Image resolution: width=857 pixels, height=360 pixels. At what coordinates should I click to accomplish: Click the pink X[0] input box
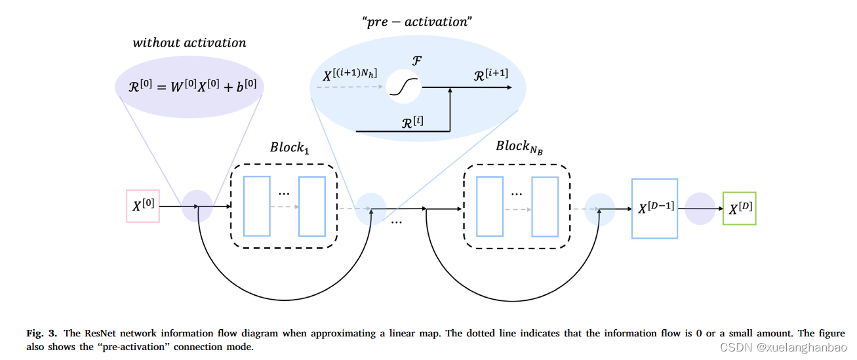pos(143,206)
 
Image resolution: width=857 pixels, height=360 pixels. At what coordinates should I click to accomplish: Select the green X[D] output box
pos(739,209)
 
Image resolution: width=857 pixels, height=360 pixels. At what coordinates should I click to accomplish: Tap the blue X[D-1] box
pos(654,209)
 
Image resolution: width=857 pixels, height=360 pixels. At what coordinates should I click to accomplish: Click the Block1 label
pos(289,147)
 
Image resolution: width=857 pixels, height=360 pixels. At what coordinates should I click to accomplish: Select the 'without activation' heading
pos(189,43)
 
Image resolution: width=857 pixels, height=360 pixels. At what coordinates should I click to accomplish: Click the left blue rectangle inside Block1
pos(256,206)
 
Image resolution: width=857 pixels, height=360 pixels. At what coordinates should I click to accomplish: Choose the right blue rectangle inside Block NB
pos(545,206)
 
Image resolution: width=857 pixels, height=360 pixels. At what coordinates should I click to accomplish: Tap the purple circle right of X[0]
pos(197,206)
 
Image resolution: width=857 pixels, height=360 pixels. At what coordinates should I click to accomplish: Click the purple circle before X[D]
pos(700,209)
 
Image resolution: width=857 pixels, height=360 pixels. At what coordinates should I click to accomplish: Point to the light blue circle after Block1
pos(371,209)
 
